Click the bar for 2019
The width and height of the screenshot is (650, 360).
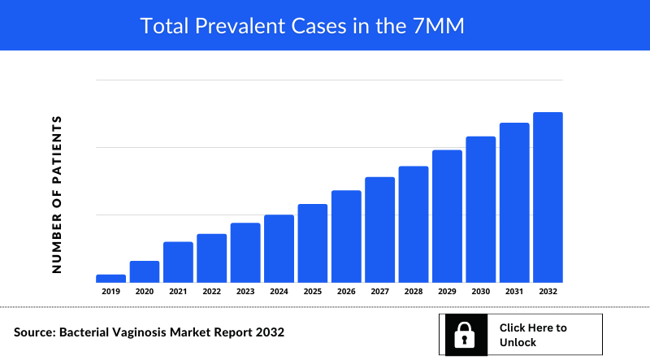pos(110,278)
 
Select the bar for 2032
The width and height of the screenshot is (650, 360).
pos(548,197)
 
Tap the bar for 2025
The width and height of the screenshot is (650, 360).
pos(313,243)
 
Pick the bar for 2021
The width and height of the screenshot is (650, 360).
pos(178,262)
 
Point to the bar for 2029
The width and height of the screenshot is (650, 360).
pos(447,216)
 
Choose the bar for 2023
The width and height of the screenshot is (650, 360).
pos(245,252)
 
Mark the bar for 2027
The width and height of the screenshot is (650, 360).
pos(379,229)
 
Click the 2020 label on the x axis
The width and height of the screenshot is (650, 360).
pos(145,291)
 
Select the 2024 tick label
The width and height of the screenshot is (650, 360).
pos(279,291)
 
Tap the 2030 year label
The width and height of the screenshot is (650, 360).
pos(480,291)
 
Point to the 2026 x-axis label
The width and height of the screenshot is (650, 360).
pos(346,291)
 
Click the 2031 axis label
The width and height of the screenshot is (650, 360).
pos(514,291)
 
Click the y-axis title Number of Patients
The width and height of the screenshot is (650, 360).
pos(57,194)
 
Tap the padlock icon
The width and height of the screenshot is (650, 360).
pos(464,335)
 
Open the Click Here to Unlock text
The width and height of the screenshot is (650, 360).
pos(533,335)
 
